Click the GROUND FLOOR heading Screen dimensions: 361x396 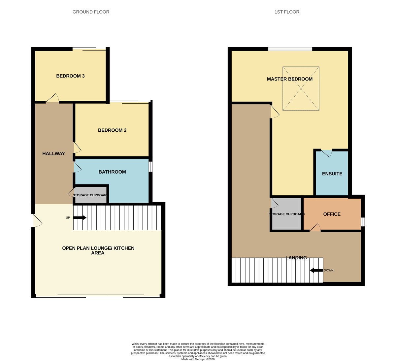point(91,12)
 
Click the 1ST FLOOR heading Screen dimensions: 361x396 point(287,12)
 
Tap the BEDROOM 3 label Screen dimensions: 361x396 point(70,76)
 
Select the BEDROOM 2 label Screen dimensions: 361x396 point(112,130)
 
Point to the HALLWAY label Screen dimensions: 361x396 point(53,153)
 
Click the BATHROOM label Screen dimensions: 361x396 point(112,172)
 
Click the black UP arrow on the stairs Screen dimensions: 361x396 point(80,218)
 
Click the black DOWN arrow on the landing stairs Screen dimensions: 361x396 point(316,270)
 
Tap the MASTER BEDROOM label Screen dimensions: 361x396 point(289,79)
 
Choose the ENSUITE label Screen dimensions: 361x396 point(332,174)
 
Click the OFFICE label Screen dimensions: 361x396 point(332,214)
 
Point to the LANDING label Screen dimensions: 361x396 point(296,258)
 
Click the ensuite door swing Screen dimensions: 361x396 point(327,153)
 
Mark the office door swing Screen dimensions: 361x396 point(315,228)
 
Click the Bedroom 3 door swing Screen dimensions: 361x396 point(53,98)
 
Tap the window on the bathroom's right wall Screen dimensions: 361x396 point(150,167)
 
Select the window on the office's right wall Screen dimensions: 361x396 point(363,222)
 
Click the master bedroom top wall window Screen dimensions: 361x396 point(290,49)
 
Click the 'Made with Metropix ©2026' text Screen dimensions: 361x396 point(198,359)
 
